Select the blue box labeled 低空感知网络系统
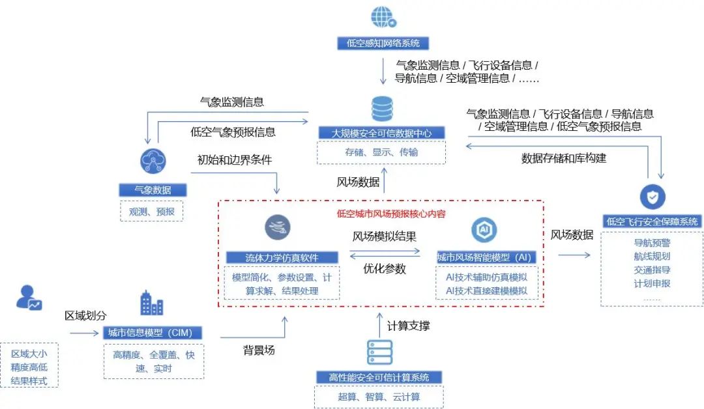click(x=383, y=44)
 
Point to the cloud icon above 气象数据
click(x=153, y=162)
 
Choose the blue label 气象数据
click(x=153, y=190)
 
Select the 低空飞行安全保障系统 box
click(x=652, y=221)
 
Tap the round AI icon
click(x=484, y=230)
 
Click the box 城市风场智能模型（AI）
click(x=484, y=257)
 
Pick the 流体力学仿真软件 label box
click(x=282, y=257)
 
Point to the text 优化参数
click(x=385, y=268)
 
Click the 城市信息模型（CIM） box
click(x=153, y=333)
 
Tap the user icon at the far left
click(x=29, y=298)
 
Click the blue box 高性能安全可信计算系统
click(x=379, y=378)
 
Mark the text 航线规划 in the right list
click(x=651, y=257)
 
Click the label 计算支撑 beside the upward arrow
click(x=408, y=326)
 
